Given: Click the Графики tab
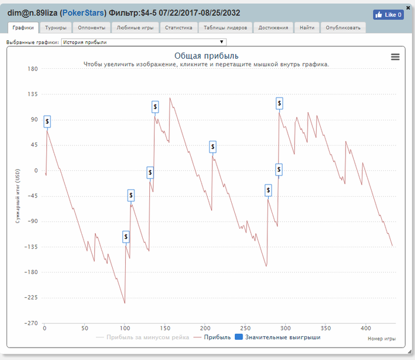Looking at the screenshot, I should (x=24, y=28).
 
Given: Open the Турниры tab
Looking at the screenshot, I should (x=56, y=28).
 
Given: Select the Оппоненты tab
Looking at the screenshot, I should (x=91, y=28).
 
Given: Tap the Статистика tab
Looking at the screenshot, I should (x=178, y=28).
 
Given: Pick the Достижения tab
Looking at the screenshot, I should (x=273, y=28).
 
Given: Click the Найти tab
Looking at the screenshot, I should (x=307, y=28).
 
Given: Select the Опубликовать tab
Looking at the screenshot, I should (x=343, y=28).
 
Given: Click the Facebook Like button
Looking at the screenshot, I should (x=388, y=15).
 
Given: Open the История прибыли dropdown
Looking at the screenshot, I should (x=143, y=42).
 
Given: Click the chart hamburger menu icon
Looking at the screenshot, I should (x=395, y=57).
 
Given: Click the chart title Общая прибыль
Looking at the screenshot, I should (x=206, y=56).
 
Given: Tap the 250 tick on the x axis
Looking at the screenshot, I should (x=245, y=327).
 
